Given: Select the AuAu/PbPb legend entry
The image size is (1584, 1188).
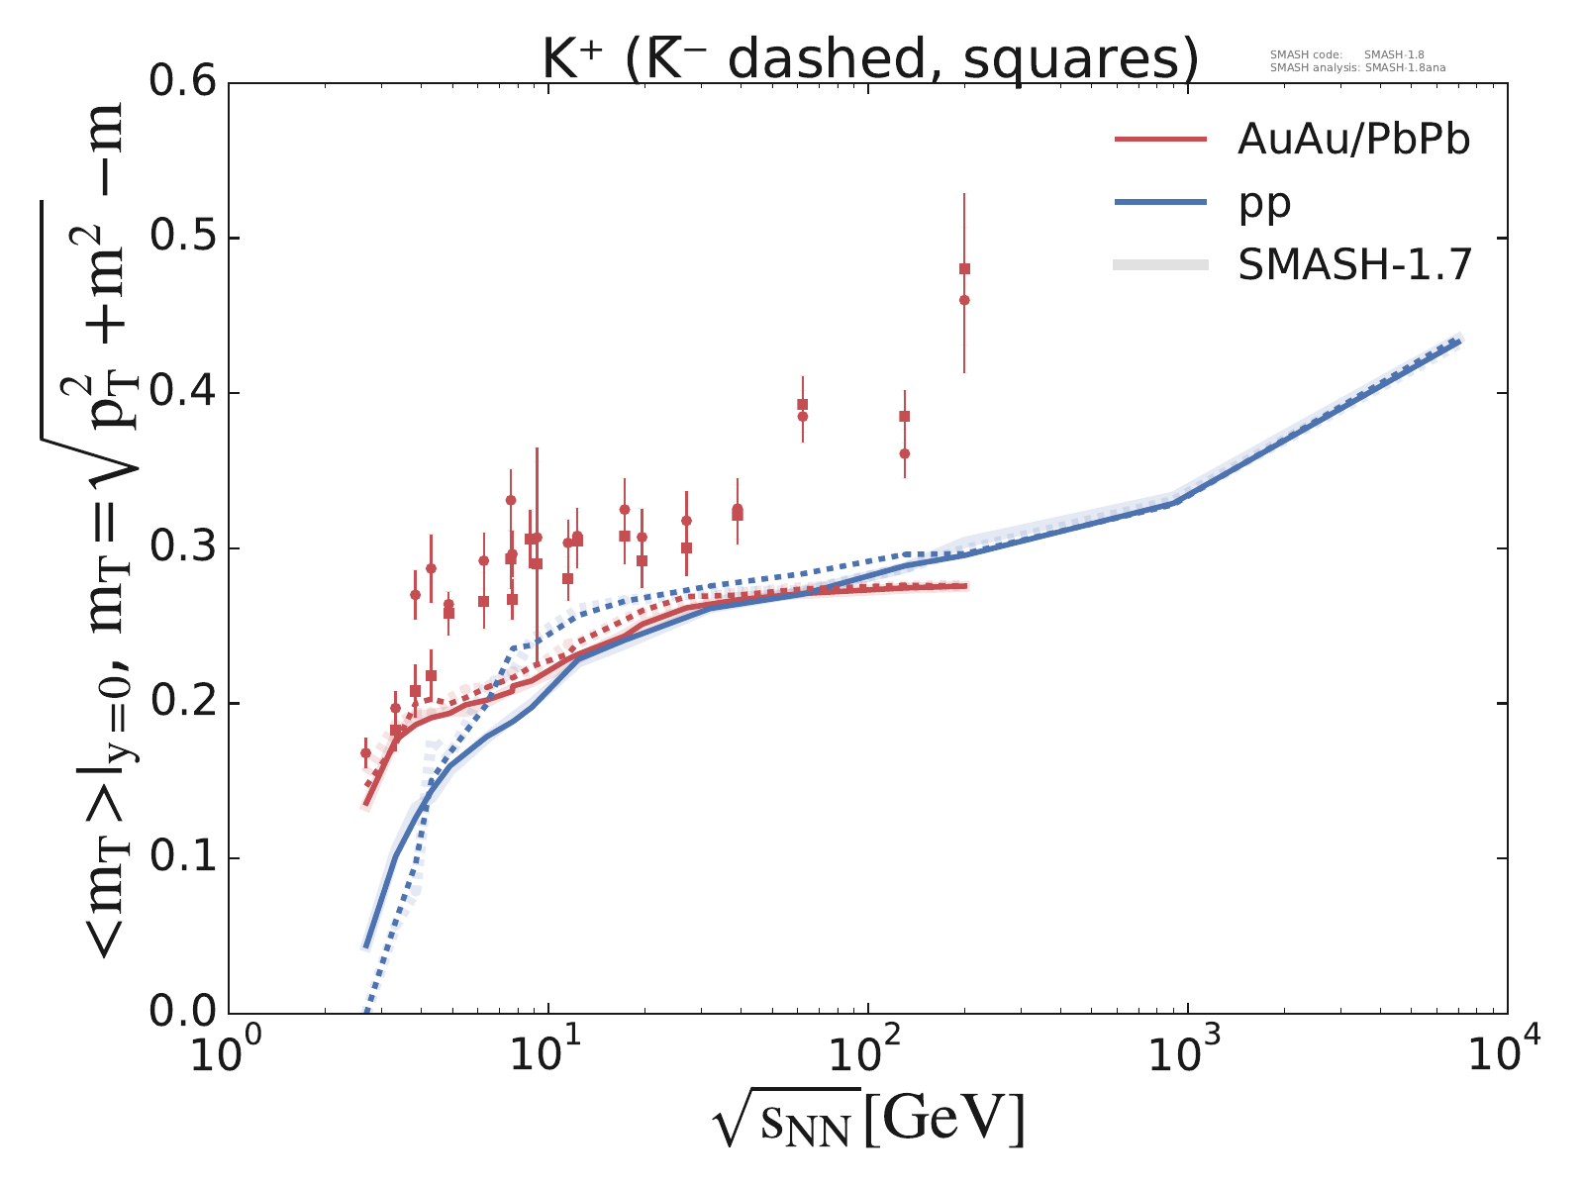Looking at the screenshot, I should pos(1353,141).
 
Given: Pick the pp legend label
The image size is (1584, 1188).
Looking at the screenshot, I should pos(1264,203).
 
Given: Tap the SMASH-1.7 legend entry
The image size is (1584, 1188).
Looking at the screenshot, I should pos(1355,265).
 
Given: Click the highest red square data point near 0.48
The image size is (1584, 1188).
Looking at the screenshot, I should pos(964,268).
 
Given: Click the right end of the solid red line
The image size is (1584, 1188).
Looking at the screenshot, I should pos(965,586).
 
